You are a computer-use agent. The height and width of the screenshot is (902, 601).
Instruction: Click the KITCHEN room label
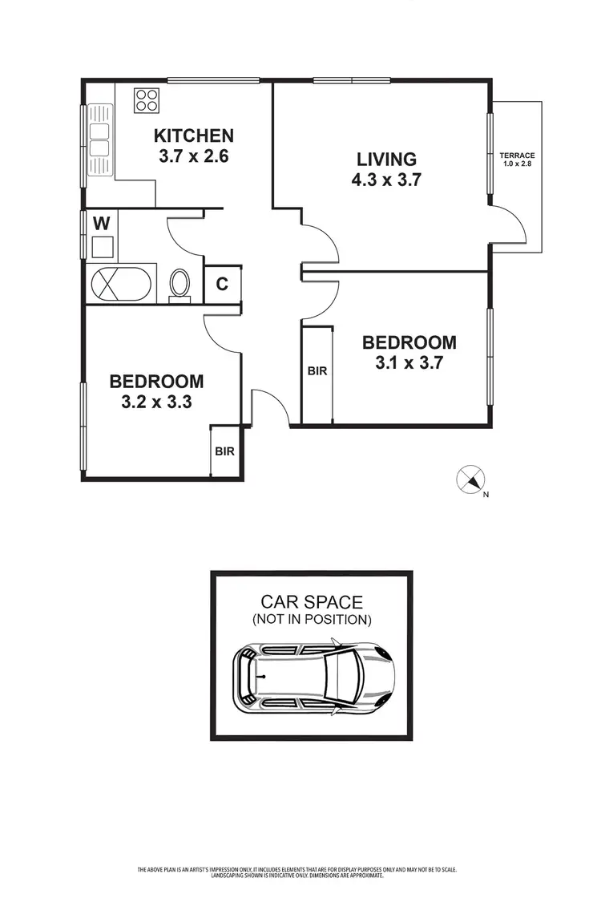coord(194,136)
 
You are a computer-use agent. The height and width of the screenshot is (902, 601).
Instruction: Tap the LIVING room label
coord(386,159)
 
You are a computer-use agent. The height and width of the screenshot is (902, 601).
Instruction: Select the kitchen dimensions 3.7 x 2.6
coord(194,156)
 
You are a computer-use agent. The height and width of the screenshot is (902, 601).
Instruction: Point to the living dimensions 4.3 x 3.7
coord(386,180)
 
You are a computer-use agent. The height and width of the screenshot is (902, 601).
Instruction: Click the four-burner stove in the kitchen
coord(146,100)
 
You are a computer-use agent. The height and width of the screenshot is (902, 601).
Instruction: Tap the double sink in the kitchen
coord(99,140)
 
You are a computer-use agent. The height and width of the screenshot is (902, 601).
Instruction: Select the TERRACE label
coord(517,156)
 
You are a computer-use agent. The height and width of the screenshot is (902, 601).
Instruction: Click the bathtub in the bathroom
coord(119,284)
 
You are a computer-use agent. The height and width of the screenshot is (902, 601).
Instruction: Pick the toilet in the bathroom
coord(180,284)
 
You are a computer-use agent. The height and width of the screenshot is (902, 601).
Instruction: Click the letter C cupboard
coord(222,284)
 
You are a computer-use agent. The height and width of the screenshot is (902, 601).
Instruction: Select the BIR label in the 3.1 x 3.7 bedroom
coord(317,371)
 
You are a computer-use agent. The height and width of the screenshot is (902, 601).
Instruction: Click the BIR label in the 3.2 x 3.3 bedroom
coord(224,451)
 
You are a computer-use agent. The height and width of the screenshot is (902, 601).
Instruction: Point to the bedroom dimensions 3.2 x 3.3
coord(156,403)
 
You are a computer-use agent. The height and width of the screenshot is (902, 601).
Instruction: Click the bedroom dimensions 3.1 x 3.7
coord(409,362)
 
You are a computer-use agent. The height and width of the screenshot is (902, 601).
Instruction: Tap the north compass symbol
coord(470,480)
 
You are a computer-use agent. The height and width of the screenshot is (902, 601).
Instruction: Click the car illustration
coord(313,677)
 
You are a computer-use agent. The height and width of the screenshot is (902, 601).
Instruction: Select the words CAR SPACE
coord(312,601)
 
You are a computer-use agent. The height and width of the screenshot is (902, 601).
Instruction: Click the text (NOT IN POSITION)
coord(312,620)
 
